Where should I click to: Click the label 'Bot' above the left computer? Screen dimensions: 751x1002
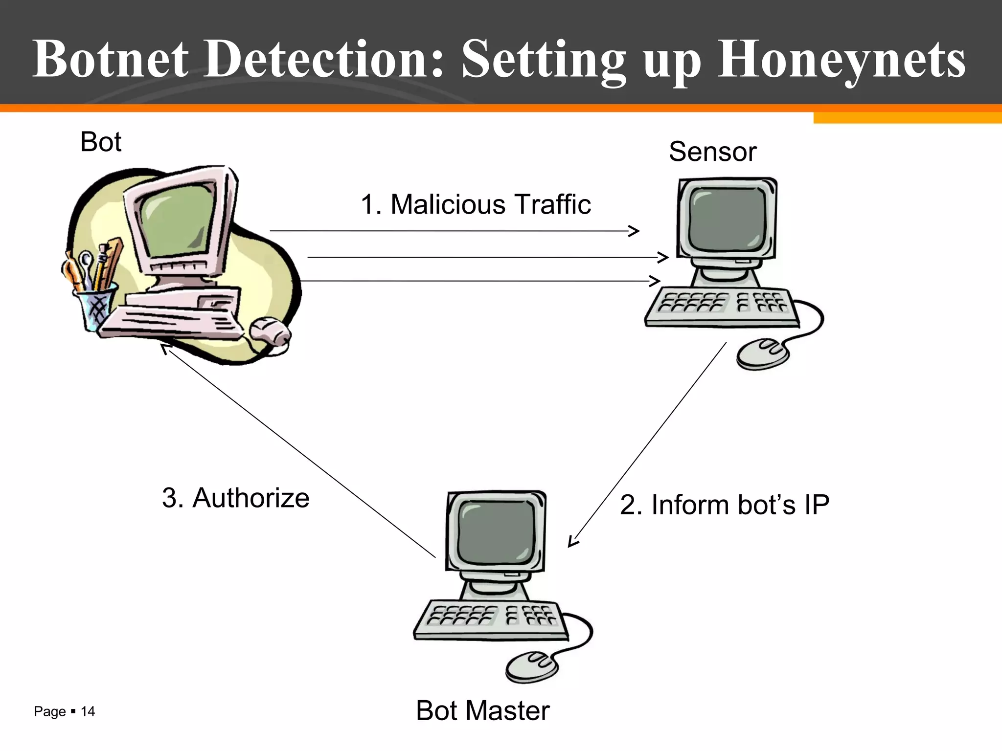coord(100,142)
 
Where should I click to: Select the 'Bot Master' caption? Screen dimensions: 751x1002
coord(482,710)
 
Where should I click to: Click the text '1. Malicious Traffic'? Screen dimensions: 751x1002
coord(476,204)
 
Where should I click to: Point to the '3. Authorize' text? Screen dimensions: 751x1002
coord(235,498)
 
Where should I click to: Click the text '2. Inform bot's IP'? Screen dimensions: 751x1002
coord(724,505)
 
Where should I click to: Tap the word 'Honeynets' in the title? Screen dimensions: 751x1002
coord(841,60)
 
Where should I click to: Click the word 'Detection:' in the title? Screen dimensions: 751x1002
coord(323,60)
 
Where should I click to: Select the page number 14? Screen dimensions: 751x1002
coord(88,711)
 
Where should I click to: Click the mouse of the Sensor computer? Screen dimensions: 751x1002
coord(762,353)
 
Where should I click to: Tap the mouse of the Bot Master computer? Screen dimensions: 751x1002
coord(531,667)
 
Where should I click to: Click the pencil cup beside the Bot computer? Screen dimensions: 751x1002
coord(96,306)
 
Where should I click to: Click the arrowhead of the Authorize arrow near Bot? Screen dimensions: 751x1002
coord(165,348)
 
